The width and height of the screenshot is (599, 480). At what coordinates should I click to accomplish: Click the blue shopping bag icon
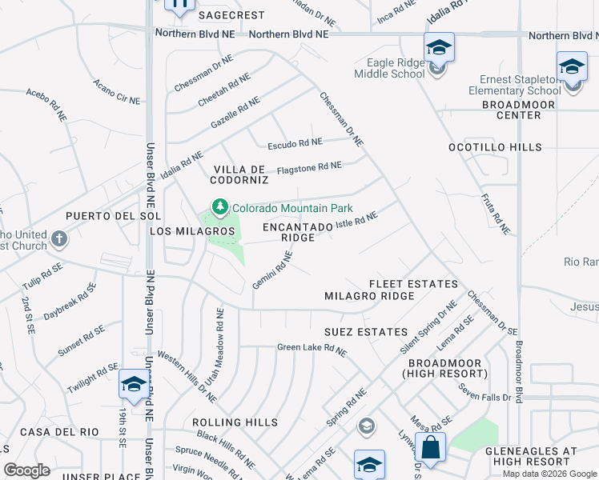coord(431,448)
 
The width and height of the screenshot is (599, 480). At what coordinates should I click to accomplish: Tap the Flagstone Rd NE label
coord(309,167)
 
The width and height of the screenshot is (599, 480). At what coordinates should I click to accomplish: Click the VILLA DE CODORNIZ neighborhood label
coord(239,175)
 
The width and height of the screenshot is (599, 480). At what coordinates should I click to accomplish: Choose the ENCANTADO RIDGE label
coord(297,233)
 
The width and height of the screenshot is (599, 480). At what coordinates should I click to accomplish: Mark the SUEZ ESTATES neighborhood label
coord(366,331)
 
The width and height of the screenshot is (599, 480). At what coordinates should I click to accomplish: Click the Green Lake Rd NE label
coord(312,349)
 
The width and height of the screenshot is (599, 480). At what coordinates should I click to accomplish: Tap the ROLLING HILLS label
coord(235,422)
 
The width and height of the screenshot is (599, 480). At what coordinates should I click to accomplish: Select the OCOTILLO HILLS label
coord(495,147)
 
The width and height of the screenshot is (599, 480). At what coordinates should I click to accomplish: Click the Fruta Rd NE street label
coord(495,214)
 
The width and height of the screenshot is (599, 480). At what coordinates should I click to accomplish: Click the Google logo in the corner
coord(26,470)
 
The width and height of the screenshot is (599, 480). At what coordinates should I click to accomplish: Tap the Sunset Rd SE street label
coord(81,342)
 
